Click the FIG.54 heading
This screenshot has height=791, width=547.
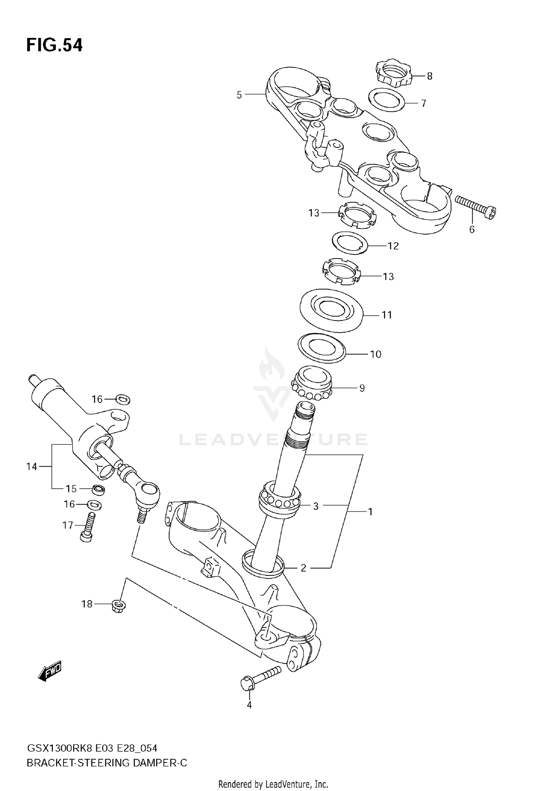pos(54,46)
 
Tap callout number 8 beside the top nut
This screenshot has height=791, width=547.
pos(430,76)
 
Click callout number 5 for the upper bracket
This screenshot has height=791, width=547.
pos(239,95)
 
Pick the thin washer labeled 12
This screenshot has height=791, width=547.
pos(350,243)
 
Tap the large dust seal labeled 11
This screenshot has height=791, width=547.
pos(331,310)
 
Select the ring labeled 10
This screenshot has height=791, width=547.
pos(321,348)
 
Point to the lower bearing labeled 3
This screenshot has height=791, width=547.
pos(280,499)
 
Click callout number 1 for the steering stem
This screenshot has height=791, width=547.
pos(370,512)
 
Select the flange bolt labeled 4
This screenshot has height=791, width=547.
pos(260,680)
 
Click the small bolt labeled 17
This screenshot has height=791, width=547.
pos(88,528)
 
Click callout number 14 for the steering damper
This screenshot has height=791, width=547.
pos(32,466)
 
